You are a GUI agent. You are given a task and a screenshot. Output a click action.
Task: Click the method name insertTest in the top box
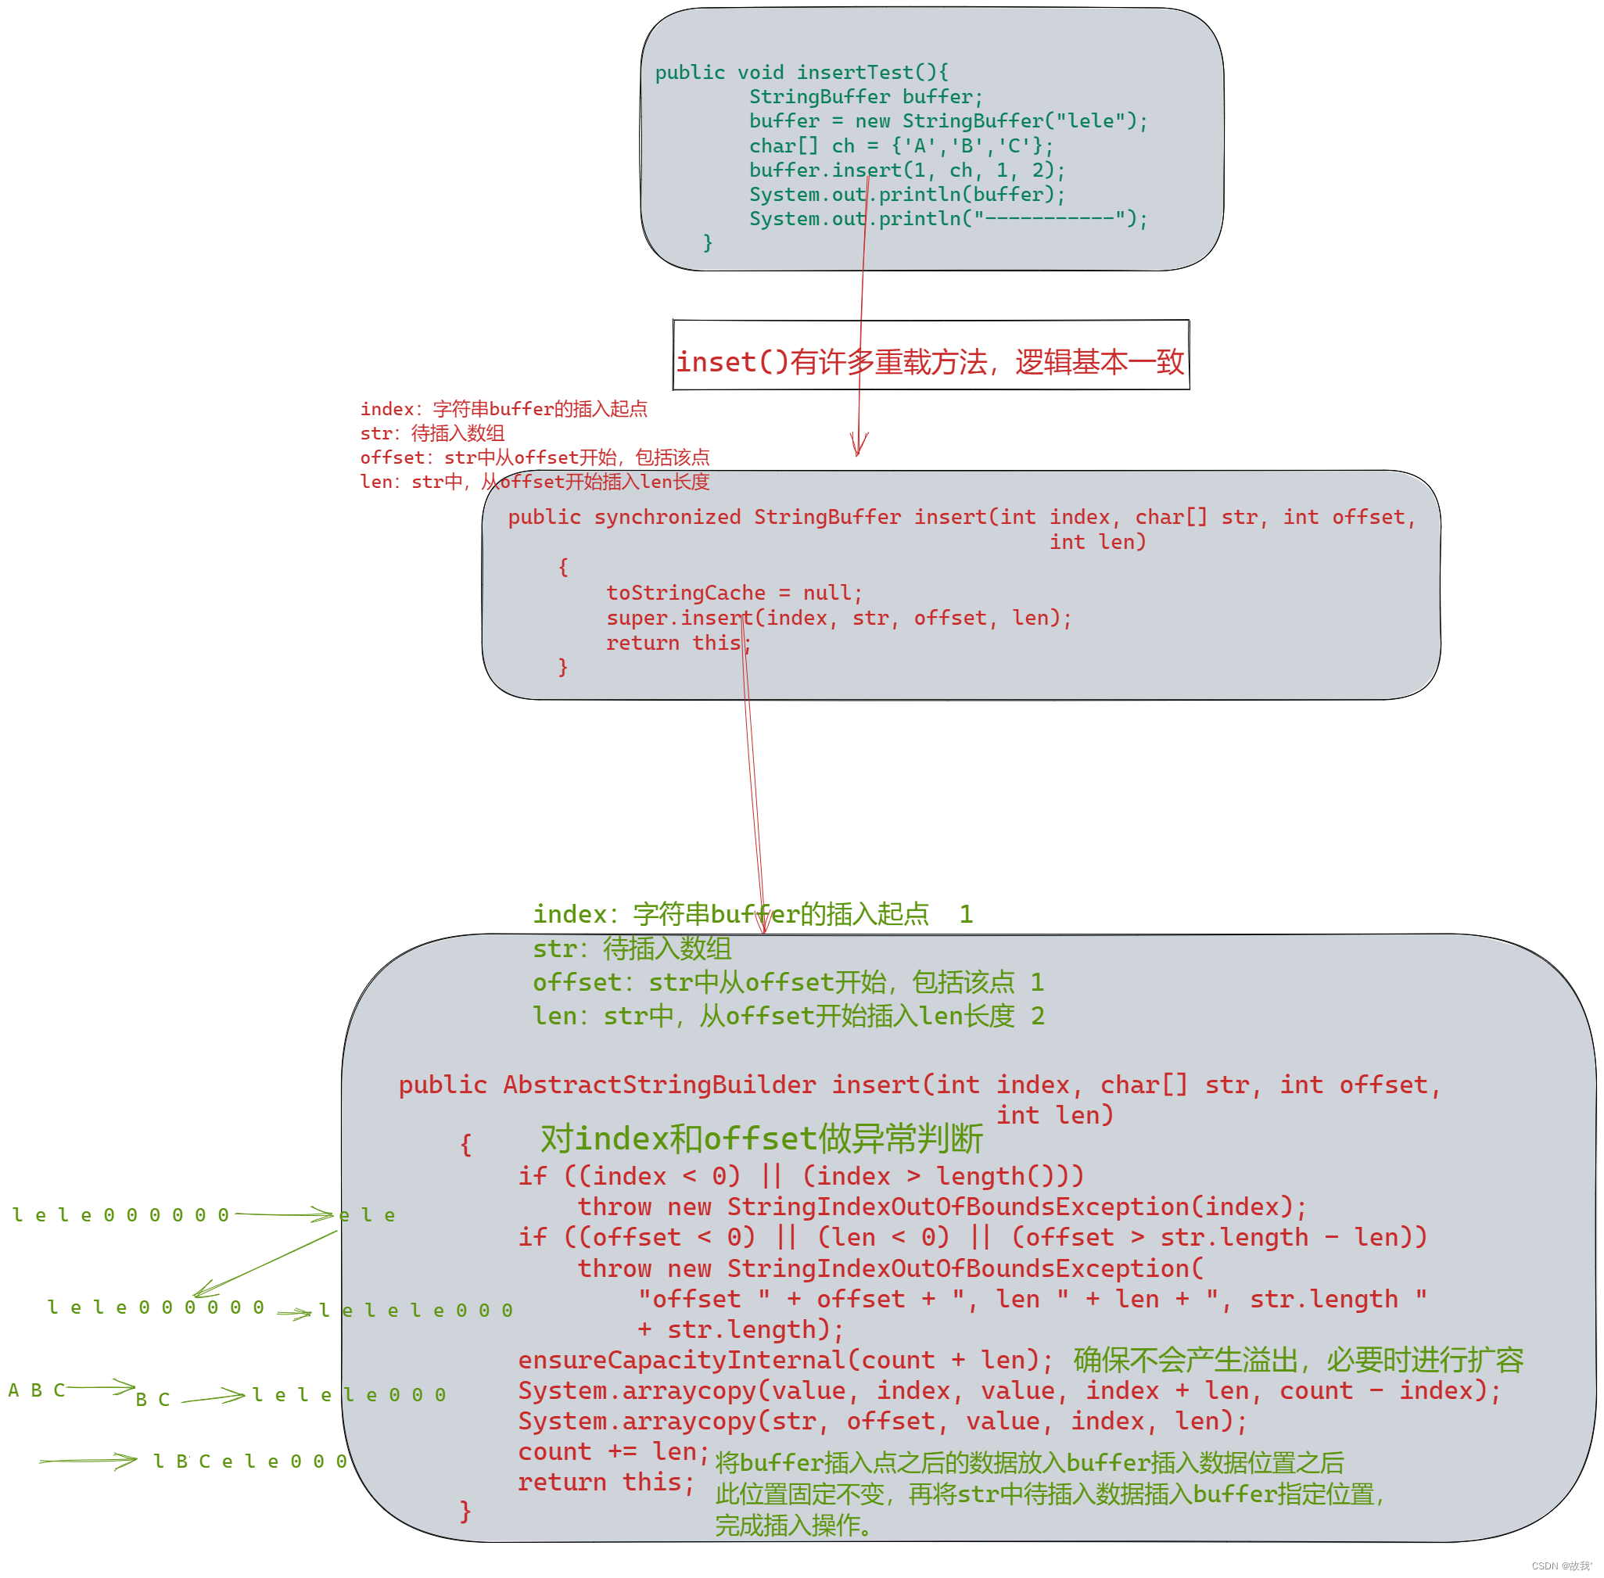tap(854, 73)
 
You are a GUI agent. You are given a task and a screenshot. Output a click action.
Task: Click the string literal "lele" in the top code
tap(1089, 121)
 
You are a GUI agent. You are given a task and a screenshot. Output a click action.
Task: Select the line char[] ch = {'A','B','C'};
tap(900, 146)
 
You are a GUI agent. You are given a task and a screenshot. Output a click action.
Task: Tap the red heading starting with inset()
tap(929, 362)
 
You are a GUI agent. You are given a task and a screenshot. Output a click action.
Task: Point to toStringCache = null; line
tap(734, 593)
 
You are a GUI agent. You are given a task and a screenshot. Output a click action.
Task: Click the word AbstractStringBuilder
tap(658, 1085)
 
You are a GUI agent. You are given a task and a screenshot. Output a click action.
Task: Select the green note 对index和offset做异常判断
tap(761, 1139)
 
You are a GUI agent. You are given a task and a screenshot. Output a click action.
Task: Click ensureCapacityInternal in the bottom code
tap(681, 1360)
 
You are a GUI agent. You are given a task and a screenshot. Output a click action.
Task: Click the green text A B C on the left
tap(37, 1390)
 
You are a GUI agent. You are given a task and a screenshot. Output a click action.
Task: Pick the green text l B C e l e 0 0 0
tap(249, 1461)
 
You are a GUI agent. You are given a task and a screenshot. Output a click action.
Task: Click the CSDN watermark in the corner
tap(1560, 1565)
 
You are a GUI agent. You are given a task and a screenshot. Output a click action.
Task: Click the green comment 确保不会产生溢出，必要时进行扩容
tap(1298, 1360)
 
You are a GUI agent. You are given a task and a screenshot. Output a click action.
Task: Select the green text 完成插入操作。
tap(792, 1525)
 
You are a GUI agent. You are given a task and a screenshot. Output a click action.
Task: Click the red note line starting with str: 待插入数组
tap(432, 433)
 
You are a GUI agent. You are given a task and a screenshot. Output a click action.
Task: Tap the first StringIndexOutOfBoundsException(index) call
tap(1015, 1207)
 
